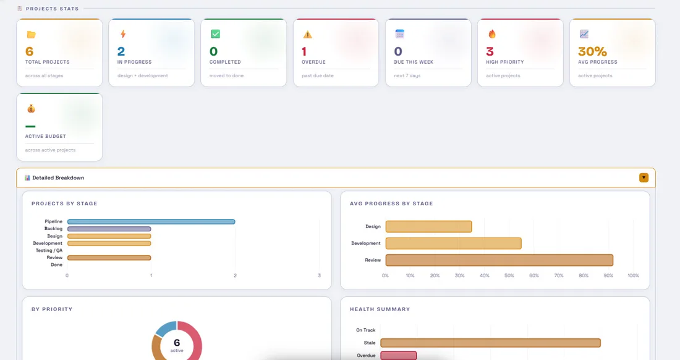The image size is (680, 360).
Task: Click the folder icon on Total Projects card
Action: pyautogui.click(x=31, y=35)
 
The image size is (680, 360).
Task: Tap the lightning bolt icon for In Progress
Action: pyautogui.click(x=122, y=34)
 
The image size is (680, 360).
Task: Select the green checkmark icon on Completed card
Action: pyautogui.click(x=215, y=34)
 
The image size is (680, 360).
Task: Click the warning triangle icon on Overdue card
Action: pyautogui.click(x=307, y=35)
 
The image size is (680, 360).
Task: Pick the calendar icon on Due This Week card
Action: pyautogui.click(x=399, y=34)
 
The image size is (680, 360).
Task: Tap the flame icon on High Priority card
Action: pyautogui.click(x=491, y=34)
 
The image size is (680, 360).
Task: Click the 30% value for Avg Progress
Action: pyautogui.click(x=592, y=52)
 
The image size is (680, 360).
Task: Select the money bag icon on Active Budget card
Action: pyautogui.click(x=31, y=109)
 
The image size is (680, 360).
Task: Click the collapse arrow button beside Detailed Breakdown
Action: pyautogui.click(x=644, y=178)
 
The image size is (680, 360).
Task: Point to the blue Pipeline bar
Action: pyautogui.click(x=151, y=221)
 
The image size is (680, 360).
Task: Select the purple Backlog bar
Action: pyautogui.click(x=109, y=229)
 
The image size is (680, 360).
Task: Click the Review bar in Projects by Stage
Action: pyautogui.click(x=109, y=258)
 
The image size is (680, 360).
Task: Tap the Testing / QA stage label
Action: pyautogui.click(x=49, y=251)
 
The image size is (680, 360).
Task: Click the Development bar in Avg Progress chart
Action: pyautogui.click(x=453, y=243)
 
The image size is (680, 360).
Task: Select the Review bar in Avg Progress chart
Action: pyautogui.click(x=499, y=260)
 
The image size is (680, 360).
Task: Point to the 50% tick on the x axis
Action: pyautogui.click(x=509, y=275)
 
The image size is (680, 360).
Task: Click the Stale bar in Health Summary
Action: pyautogui.click(x=490, y=343)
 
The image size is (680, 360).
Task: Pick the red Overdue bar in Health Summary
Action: pyautogui.click(x=398, y=356)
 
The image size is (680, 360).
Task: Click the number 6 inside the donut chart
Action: pyautogui.click(x=177, y=343)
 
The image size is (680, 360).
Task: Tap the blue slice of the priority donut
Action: pyautogui.click(x=165, y=328)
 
